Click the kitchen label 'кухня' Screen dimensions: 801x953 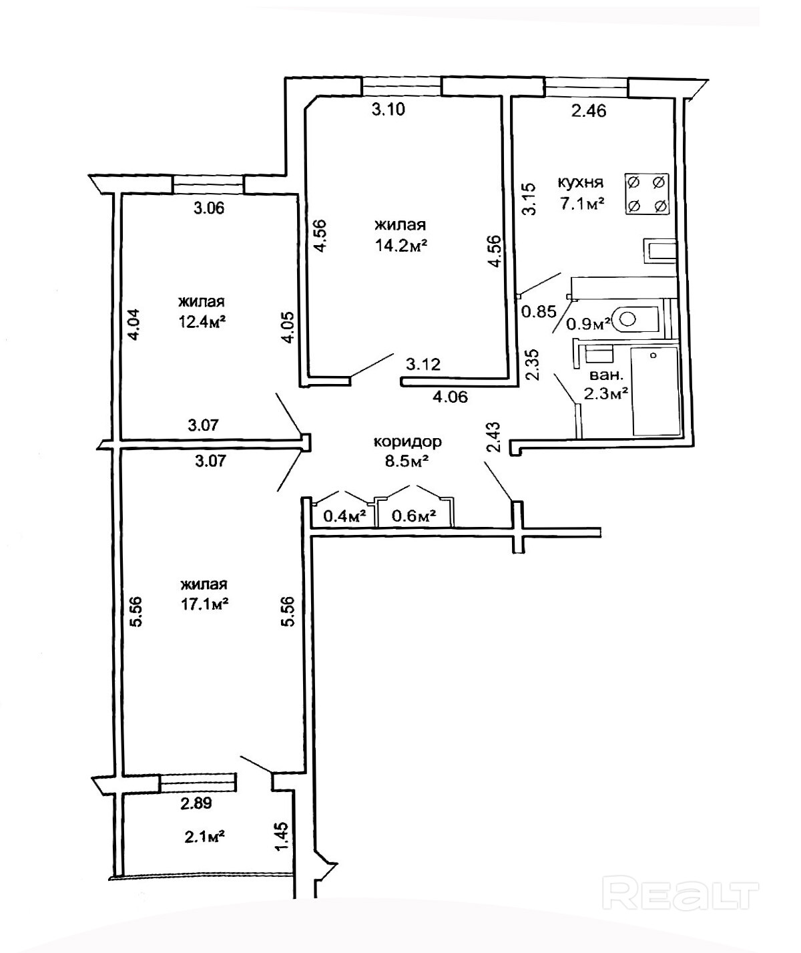point(581,182)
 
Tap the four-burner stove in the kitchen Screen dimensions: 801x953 point(647,194)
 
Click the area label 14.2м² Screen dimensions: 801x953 point(400,245)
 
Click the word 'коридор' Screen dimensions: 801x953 point(407,441)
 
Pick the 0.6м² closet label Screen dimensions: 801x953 point(414,516)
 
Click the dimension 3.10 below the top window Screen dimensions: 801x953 point(388,110)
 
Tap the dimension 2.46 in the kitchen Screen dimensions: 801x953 point(589,111)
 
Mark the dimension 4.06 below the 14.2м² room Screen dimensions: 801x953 point(451,397)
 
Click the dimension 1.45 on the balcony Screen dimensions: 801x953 point(283,836)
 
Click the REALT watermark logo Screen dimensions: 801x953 point(681,894)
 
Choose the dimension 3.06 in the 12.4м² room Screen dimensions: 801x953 point(209,208)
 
